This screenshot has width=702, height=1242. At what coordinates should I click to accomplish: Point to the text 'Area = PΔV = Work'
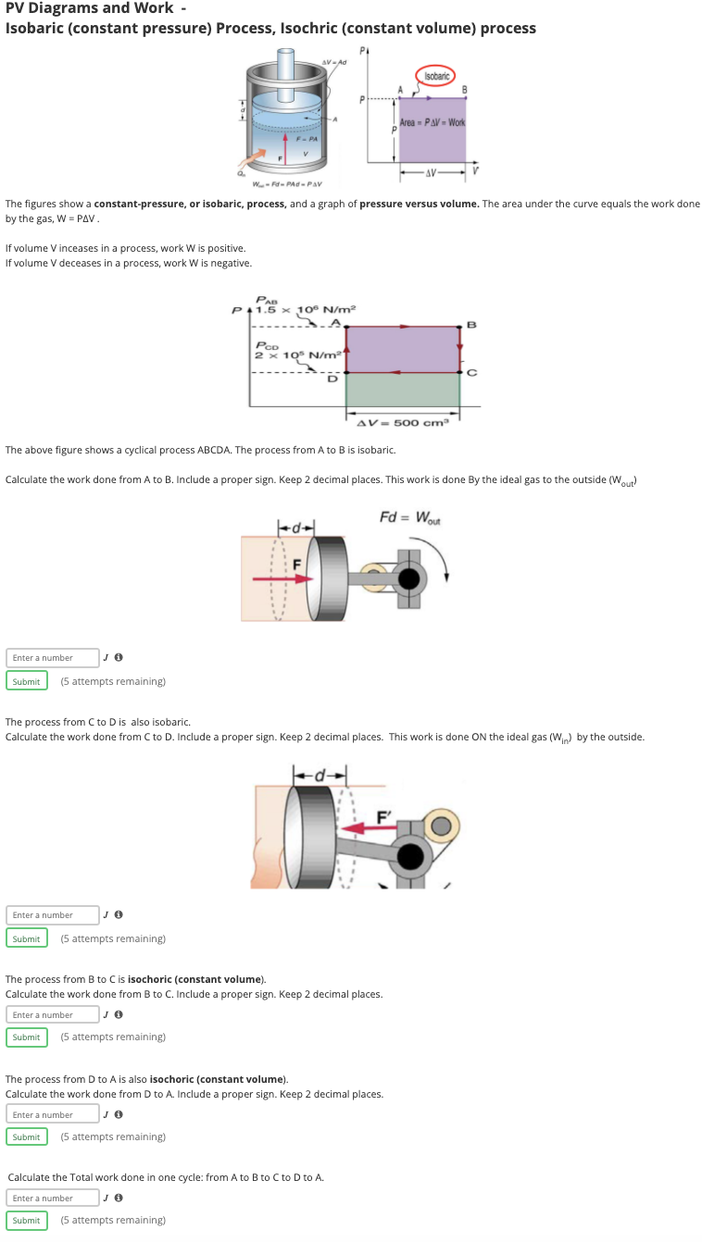[432, 123]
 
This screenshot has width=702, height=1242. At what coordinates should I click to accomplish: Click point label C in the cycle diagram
[471, 373]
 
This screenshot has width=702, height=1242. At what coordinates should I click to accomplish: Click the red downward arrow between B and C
[460, 339]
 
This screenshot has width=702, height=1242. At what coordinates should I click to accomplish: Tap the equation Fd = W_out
[410, 516]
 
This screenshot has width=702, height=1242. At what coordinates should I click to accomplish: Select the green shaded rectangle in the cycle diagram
[403, 390]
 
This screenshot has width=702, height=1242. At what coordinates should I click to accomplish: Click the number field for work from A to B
[54, 658]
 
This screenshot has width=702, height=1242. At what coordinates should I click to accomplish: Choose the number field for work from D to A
[54, 1115]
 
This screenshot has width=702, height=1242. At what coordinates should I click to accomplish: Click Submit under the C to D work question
[26, 939]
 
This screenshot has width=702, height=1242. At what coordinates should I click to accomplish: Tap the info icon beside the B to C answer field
[119, 1015]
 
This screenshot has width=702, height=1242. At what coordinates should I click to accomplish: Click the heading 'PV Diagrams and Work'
[89, 8]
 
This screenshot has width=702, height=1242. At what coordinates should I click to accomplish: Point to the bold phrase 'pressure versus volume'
[419, 204]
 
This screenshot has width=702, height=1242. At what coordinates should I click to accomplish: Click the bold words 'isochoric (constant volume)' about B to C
[196, 979]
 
